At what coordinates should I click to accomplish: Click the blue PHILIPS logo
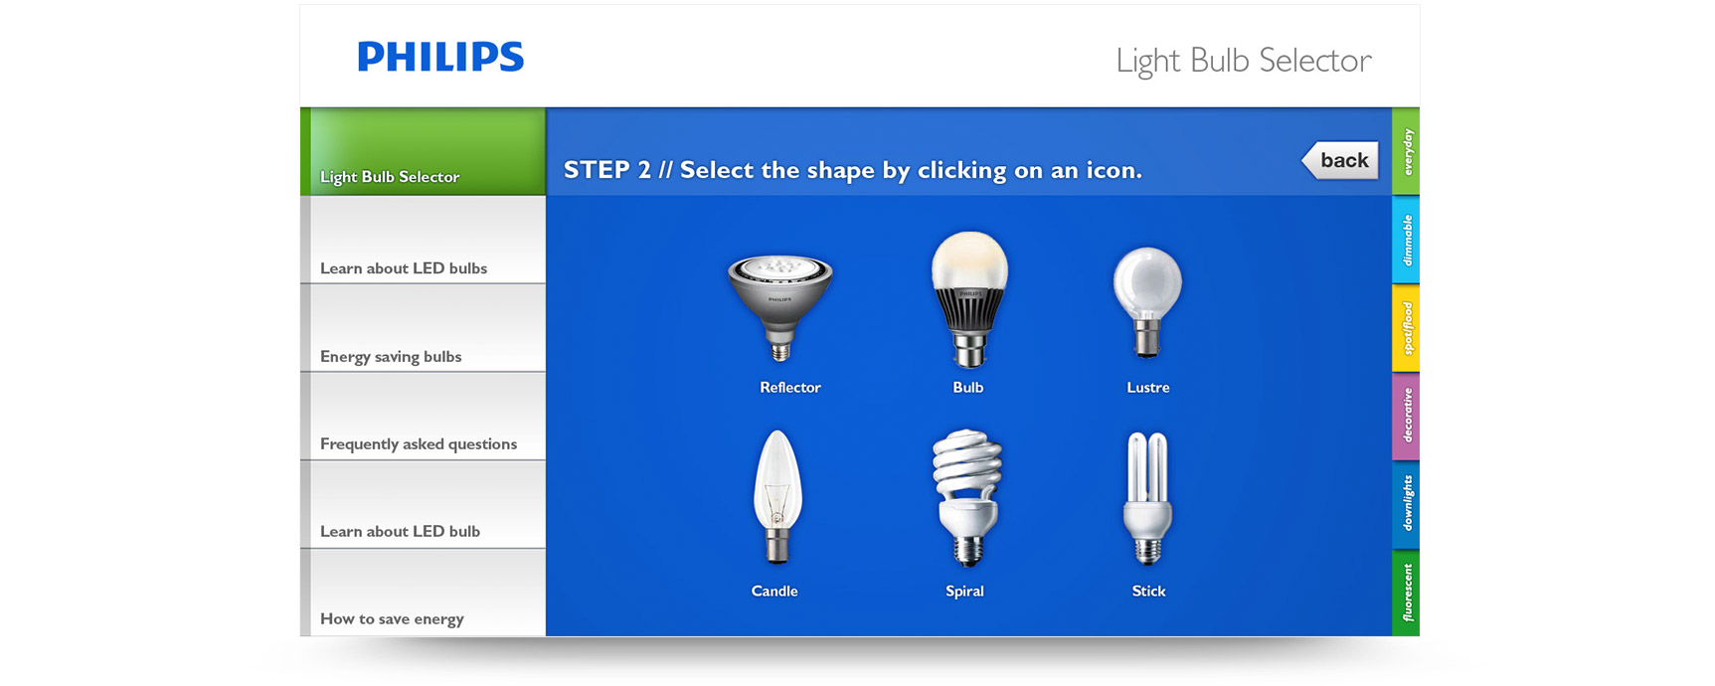click(440, 57)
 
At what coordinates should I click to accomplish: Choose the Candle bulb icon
click(777, 496)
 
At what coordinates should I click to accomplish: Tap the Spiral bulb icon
click(966, 497)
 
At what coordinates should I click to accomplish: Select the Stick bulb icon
click(1147, 497)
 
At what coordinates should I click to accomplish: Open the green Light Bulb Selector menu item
click(423, 151)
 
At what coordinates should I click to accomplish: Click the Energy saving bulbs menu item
click(423, 328)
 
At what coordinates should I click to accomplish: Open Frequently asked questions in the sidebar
click(423, 417)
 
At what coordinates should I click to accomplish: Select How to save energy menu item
click(423, 593)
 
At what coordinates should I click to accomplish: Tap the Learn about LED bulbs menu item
click(423, 240)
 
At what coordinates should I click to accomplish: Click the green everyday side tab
click(1406, 151)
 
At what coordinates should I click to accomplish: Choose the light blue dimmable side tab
click(1406, 240)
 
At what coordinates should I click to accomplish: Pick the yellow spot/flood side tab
click(1406, 328)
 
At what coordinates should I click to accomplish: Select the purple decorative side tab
click(1406, 417)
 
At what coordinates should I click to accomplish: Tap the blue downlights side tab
click(1406, 504)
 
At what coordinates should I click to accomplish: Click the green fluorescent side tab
click(1406, 593)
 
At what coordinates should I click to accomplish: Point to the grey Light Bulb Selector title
click(1244, 61)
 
